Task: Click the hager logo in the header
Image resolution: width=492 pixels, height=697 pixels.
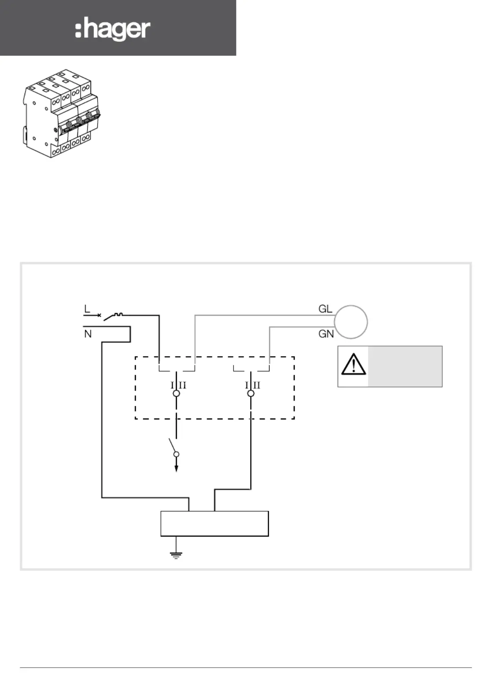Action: (x=113, y=29)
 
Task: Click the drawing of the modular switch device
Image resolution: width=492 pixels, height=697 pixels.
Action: (x=60, y=113)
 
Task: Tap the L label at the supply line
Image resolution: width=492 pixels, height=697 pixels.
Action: (x=87, y=309)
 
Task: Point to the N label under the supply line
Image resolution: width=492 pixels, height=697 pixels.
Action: (x=88, y=334)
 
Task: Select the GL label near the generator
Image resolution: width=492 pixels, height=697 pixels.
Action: (x=325, y=309)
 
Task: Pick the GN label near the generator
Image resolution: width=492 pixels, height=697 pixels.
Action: (x=326, y=334)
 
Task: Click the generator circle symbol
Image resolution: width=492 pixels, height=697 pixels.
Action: (x=351, y=322)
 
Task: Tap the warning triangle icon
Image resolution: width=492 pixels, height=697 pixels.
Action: (x=353, y=365)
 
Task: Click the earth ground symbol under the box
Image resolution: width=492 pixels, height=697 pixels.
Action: (x=176, y=554)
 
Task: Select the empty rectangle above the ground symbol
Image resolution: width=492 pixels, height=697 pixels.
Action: (x=215, y=524)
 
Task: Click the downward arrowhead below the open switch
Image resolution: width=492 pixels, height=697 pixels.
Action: (x=176, y=468)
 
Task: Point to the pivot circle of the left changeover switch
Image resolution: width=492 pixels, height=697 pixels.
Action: (x=176, y=394)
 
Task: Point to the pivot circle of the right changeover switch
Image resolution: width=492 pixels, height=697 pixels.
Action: (x=251, y=394)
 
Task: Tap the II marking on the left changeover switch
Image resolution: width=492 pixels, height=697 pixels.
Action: (x=182, y=386)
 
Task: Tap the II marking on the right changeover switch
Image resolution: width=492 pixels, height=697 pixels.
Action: (x=257, y=386)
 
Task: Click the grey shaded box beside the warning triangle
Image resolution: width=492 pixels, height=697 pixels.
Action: (x=405, y=366)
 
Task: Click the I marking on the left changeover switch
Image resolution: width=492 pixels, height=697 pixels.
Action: (x=172, y=386)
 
